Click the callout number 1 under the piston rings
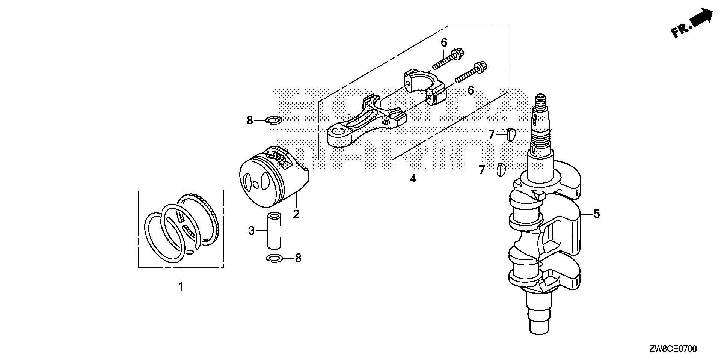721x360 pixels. tap(181, 287)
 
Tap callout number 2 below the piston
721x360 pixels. tap(296, 214)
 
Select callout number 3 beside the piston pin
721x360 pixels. tap(252, 230)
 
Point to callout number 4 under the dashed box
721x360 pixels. tap(413, 178)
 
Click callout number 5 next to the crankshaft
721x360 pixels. tap(597, 214)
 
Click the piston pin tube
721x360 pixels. tap(274, 231)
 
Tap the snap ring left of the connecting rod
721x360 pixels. tap(273, 120)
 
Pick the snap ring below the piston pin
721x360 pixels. tap(274, 258)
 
